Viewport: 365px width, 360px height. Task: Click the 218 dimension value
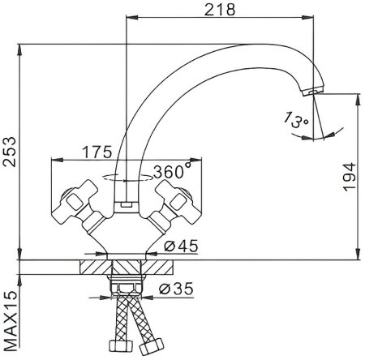pos(220,10)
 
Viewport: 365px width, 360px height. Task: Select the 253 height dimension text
pos(10,152)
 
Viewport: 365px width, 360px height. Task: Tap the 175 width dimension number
pos(97,152)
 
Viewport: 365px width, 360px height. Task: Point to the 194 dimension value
pos(350,177)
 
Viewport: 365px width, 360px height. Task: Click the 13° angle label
pos(296,120)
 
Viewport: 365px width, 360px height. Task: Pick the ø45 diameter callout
pos(181,246)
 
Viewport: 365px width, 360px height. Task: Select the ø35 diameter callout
pos(176,289)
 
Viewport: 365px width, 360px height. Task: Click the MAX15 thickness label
pos(11,321)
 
